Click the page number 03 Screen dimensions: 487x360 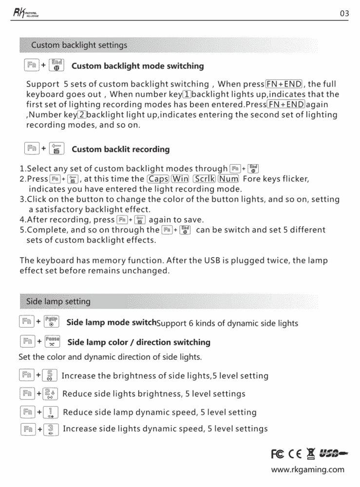click(x=344, y=14)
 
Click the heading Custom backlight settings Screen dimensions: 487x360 click(x=79, y=45)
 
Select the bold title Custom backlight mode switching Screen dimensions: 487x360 click(x=138, y=66)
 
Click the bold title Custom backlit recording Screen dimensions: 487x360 click(x=121, y=150)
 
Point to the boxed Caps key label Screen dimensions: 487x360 click(x=158, y=179)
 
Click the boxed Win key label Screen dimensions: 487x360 click(x=180, y=179)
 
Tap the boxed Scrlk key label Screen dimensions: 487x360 click(x=204, y=179)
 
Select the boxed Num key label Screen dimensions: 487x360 click(x=228, y=179)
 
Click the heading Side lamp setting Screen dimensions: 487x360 click(x=58, y=301)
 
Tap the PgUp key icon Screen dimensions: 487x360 click(x=51, y=322)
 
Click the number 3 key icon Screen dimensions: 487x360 click(x=51, y=429)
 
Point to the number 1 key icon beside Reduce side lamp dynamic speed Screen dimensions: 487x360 click(x=51, y=412)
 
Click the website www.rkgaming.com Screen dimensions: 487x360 click(x=307, y=470)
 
